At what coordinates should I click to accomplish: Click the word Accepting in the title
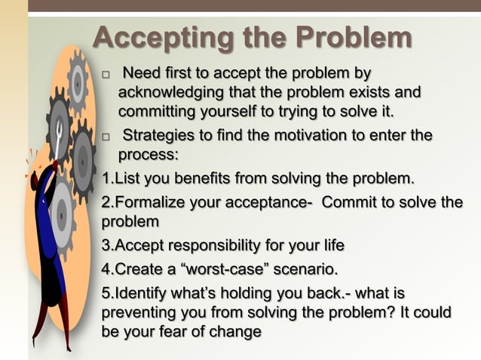[x=158, y=38]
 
